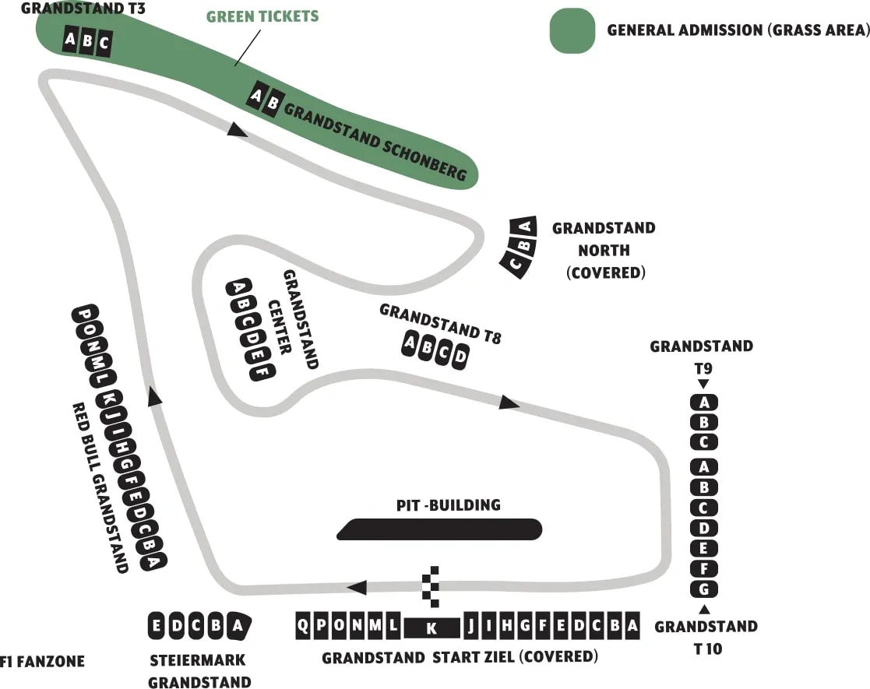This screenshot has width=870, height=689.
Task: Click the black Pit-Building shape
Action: (x=440, y=529)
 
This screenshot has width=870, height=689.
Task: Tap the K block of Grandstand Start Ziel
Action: (x=432, y=627)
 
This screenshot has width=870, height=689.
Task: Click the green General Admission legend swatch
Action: (x=572, y=30)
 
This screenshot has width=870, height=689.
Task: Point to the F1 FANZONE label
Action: (x=42, y=663)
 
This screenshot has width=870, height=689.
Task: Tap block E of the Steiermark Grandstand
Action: (x=157, y=626)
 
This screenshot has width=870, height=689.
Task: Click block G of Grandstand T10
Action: (x=704, y=589)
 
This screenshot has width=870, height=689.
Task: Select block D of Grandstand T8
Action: (x=460, y=357)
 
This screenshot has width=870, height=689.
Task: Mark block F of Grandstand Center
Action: (x=262, y=371)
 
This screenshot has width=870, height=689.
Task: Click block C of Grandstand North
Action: (x=515, y=263)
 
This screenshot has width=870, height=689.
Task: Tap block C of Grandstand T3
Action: (x=104, y=44)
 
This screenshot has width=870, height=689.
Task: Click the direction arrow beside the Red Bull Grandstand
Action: (x=155, y=398)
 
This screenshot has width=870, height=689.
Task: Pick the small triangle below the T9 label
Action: (x=703, y=384)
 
